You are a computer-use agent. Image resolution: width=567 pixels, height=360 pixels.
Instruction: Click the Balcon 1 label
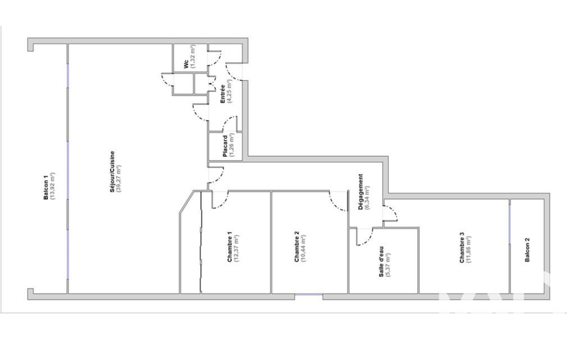point(46,187)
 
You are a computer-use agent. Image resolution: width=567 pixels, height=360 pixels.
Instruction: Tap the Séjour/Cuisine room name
point(112,172)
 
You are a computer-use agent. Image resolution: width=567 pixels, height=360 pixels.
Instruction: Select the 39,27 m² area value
point(119,178)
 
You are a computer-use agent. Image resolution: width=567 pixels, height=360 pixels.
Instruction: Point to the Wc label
point(186,64)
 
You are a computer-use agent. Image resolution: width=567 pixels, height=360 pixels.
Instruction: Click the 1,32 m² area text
point(193,56)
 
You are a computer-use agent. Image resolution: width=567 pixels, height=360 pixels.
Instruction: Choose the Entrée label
point(223,94)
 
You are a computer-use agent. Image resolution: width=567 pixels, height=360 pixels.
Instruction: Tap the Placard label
point(225,146)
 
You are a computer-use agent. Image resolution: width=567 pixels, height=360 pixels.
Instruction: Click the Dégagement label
point(361,192)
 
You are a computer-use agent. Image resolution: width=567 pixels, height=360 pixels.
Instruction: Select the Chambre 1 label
point(229,247)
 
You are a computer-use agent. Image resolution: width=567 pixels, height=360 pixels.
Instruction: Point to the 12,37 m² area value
point(237,248)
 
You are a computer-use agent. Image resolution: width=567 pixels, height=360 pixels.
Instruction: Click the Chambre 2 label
point(297,247)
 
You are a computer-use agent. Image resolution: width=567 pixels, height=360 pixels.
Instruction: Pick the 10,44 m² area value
point(303,248)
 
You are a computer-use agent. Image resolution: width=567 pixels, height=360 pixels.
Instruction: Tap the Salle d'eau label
point(381,262)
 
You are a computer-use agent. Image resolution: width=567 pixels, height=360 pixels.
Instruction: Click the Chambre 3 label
point(462,247)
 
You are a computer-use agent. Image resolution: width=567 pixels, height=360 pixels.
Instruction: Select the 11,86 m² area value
point(469,249)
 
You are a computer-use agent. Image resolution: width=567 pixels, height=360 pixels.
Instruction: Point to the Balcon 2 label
point(527,250)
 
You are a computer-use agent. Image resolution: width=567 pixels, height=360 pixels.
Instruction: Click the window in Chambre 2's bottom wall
point(309,294)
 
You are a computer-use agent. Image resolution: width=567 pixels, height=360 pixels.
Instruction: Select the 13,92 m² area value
point(53,186)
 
